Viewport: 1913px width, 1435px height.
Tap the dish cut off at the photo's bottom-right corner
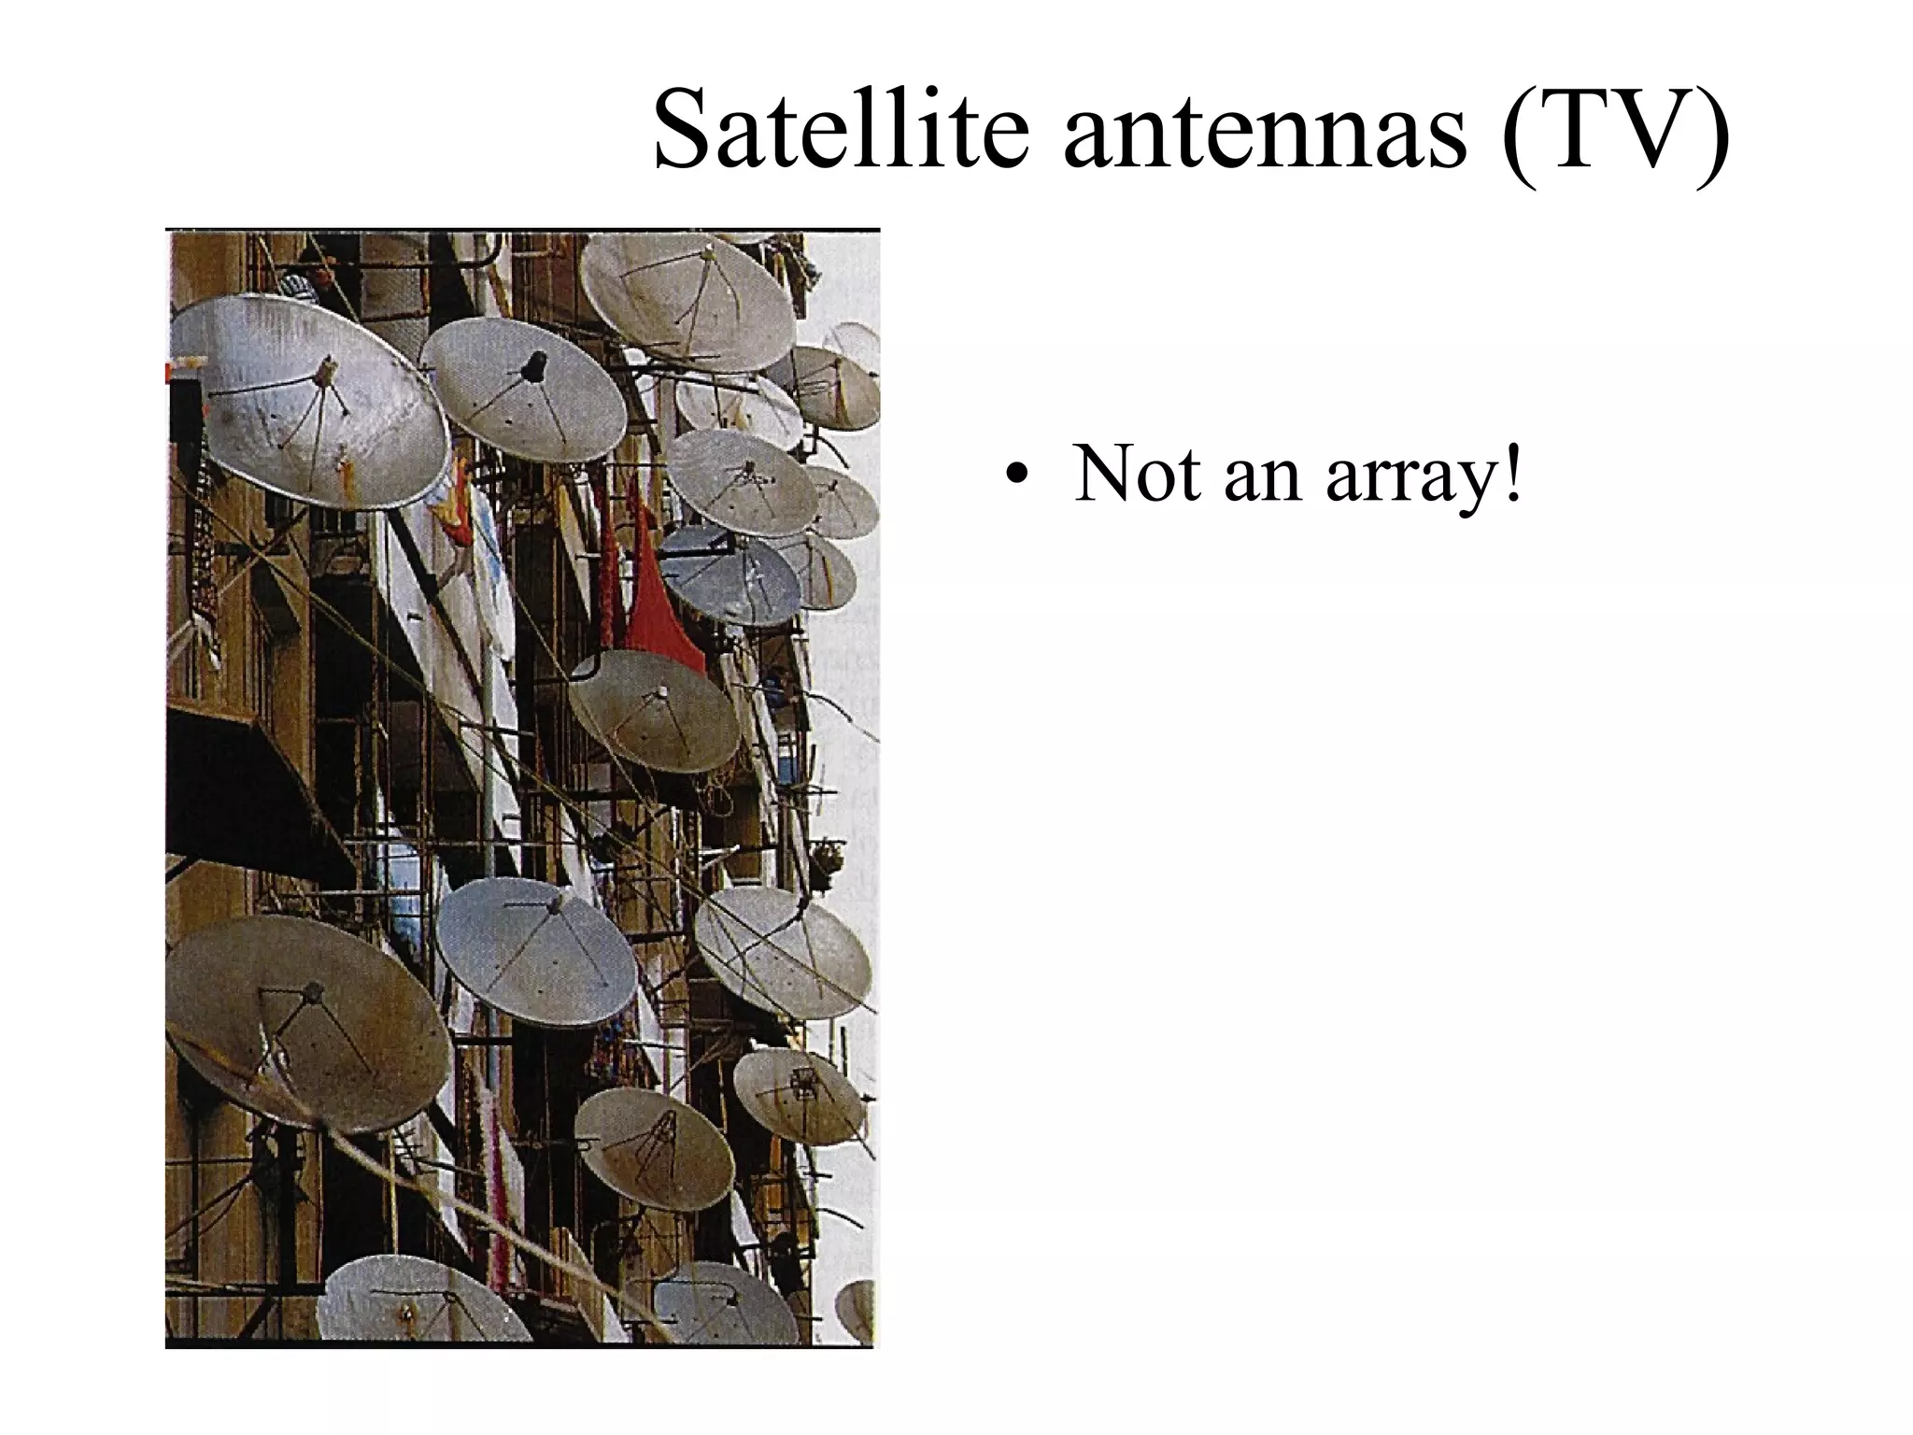click(857, 1308)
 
